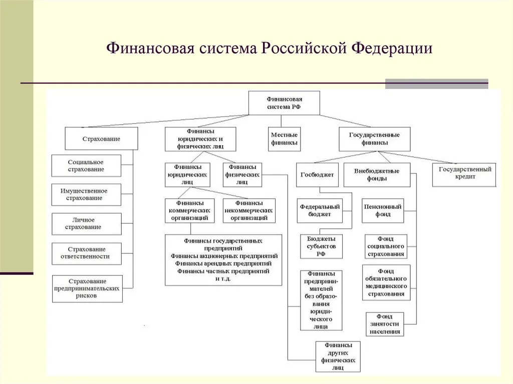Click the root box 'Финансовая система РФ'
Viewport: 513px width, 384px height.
pyautogui.click(x=284, y=103)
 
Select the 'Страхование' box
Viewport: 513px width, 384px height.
pyautogui.click(x=101, y=139)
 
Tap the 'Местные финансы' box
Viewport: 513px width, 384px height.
pyautogui.click(x=284, y=139)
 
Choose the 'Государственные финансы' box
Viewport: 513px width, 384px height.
pyautogui.click(x=374, y=139)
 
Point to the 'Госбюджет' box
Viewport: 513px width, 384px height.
pyautogui.click(x=317, y=175)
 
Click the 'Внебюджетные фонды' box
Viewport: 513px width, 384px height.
pyautogui.click(x=377, y=175)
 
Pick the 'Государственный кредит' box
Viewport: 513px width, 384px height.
pyautogui.click(x=464, y=173)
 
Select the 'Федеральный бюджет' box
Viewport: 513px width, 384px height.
pyautogui.click(x=320, y=211)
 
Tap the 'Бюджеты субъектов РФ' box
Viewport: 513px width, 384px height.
pyautogui.click(x=321, y=246)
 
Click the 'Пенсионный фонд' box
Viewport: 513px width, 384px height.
pyautogui.click(x=383, y=211)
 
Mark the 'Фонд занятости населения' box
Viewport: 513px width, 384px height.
pyautogui.click(x=385, y=324)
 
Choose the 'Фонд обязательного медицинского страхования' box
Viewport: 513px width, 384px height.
pyautogui.click(x=386, y=282)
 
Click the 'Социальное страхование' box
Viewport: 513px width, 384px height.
pyautogui.click(x=86, y=166)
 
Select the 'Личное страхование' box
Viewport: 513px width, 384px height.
pyautogui.click(x=86, y=223)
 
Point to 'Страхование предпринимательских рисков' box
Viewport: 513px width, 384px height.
pyautogui.click(x=87, y=288)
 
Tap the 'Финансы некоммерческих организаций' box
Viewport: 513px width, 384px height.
pyautogui.click(x=249, y=211)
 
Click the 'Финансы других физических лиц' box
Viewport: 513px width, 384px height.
pyautogui.click(x=338, y=356)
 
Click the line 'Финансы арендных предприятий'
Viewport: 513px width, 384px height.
pyautogui.click(x=223, y=263)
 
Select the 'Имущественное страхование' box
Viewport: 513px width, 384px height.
pyautogui.click(x=86, y=195)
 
